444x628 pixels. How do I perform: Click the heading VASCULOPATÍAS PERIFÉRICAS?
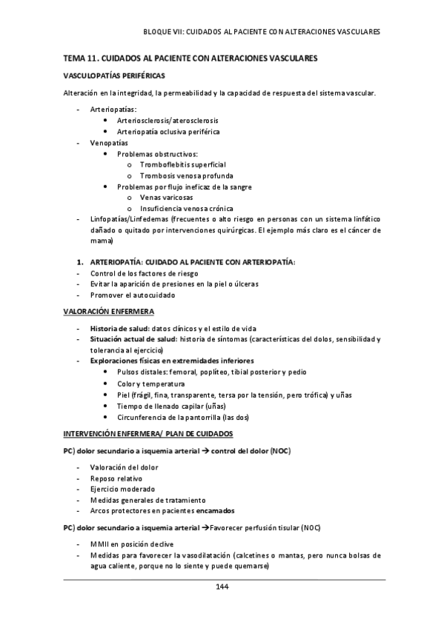(x=114, y=76)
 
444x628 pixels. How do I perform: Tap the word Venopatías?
(x=109, y=141)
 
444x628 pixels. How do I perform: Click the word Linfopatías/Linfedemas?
(x=128, y=220)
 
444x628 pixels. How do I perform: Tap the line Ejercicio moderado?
(x=122, y=490)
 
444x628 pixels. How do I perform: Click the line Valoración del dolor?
(x=124, y=467)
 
